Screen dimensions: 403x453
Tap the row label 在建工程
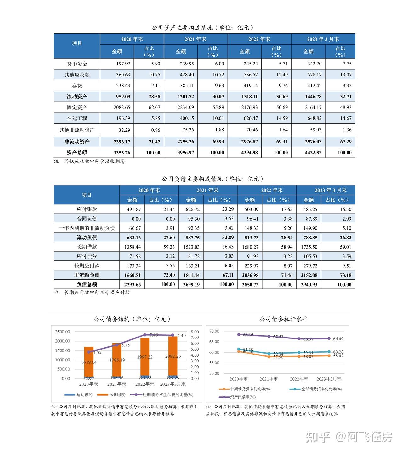pos(77,118)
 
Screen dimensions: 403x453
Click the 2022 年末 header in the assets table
pos(259,39)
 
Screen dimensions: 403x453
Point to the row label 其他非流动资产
pos(77,130)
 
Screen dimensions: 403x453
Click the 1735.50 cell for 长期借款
pos(309,247)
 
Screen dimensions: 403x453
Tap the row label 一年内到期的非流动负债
pos(87,228)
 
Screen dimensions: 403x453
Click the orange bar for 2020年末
pos(88,361)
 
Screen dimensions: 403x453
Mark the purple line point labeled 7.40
pos(173,335)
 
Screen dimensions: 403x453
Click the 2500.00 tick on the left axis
pos(63,332)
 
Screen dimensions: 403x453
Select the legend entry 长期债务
pos(112,394)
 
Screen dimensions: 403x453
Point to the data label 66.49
pos(338,339)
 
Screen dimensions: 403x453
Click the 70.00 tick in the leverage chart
pos(214,331)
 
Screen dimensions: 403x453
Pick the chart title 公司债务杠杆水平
pos(283,319)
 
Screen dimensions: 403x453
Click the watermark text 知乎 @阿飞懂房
pos(349,437)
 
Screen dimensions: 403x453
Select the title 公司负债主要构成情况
pos(192,179)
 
